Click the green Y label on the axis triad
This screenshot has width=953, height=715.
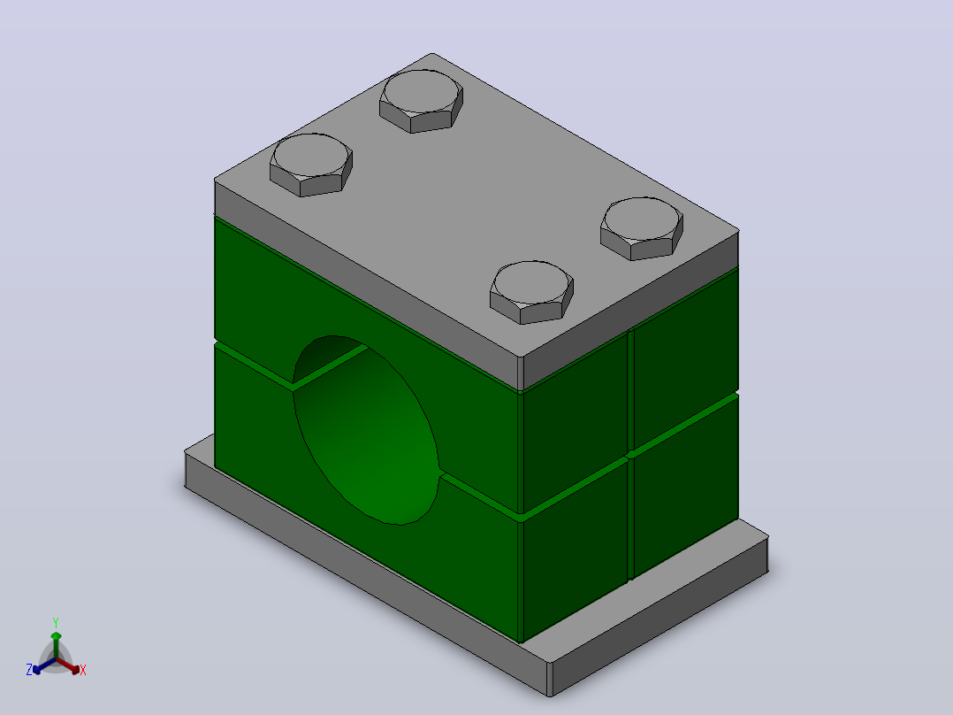pyautogui.click(x=56, y=622)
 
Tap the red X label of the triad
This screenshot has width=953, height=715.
pyautogui.click(x=83, y=670)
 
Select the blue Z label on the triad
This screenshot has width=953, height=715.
pyautogui.click(x=28, y=670)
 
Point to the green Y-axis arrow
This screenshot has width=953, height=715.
pyautogui.click(x=56, y=645)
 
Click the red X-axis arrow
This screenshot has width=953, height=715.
pyautogui.click(x=68, y=665)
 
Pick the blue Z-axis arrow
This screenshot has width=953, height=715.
pyautogui.click(x=44, y=665)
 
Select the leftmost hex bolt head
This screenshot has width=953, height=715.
pyautogui.click(x=311, y=165)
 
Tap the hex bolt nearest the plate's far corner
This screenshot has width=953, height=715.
pyautogui.click(x=421, y=100)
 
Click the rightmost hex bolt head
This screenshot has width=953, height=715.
pyautogui.click(x=642, y=228)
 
